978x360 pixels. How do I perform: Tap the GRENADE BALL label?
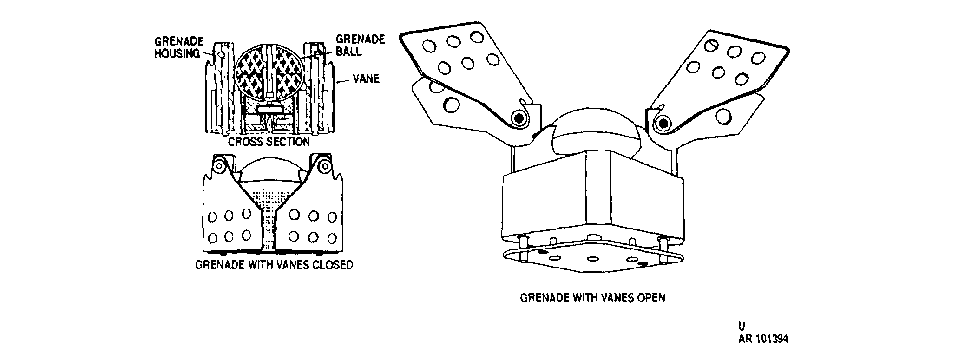coord(360,45)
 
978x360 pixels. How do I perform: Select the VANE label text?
coord(366,79)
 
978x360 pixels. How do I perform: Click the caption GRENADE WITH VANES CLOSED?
coord(274,265)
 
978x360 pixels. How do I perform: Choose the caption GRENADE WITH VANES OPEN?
coord(592,297)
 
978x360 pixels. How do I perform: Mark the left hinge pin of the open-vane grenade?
coord(518,118)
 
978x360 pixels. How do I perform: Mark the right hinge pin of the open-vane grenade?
coord(663,123)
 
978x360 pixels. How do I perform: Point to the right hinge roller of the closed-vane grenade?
coord(323,164)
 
